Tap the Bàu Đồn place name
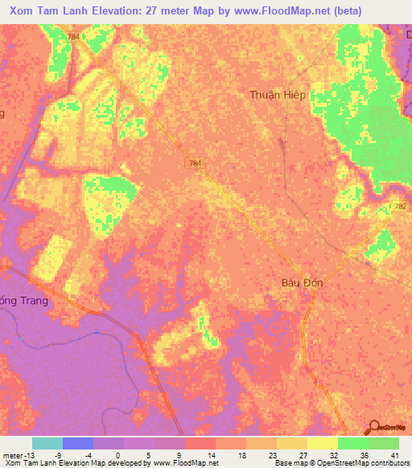(302, 283)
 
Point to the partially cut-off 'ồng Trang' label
(24, 301)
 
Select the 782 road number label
(402, 207)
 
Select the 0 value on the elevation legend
(139, 454)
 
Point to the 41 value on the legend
(393, 454)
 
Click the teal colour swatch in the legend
(47, 443)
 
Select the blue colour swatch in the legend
(77, 443)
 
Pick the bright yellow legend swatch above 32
(323, 443)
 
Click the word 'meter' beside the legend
(11, 454)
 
